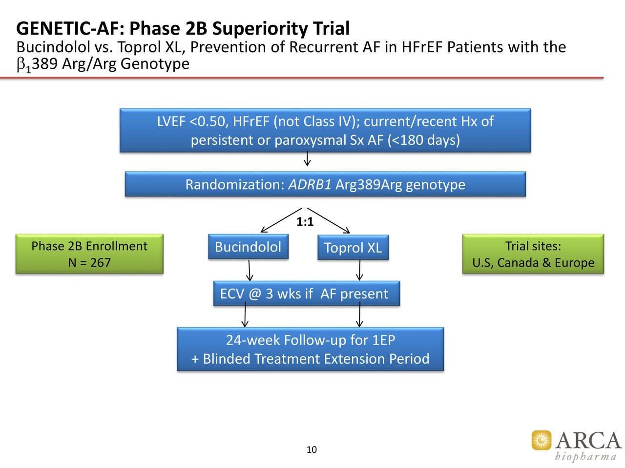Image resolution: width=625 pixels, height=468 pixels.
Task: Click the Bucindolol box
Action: (248, 247)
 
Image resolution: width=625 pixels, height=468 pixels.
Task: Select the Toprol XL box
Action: (353, 248)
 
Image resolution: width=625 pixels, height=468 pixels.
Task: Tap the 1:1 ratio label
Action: (305, 222)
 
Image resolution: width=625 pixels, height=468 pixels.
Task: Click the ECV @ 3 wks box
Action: (306, 293)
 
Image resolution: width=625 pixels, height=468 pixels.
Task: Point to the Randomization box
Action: (325, 184)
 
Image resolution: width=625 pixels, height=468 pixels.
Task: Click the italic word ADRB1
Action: (310, 185)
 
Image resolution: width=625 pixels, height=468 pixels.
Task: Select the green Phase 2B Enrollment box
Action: (89, 254)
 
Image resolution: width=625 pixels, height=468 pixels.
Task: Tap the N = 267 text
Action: (89, 263)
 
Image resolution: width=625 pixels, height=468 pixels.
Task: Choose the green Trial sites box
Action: (533, 254)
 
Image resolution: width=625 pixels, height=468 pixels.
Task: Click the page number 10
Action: (312, 449)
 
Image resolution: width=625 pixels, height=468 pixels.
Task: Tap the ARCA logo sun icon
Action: (541, 440)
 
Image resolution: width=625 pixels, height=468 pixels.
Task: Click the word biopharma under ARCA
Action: (585, 457)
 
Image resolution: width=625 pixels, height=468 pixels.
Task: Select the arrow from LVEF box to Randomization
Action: (307, 159)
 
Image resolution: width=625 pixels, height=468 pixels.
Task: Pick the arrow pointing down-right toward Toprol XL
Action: (330, 221)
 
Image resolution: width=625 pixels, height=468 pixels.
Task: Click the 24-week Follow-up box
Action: (310, 349)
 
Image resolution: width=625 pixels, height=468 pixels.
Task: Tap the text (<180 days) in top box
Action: (423, 140)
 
